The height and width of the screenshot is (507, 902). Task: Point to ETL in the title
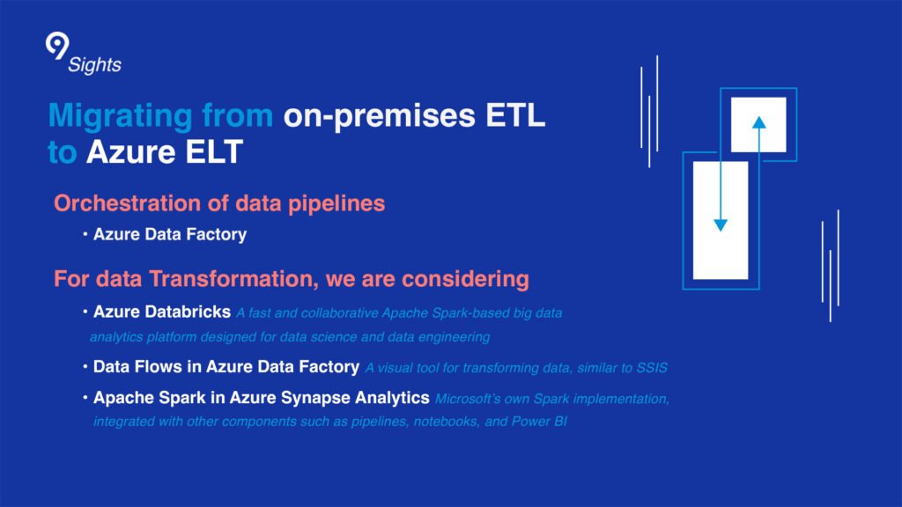(524, 116)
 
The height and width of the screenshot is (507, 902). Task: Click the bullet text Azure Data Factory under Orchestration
(170, 235)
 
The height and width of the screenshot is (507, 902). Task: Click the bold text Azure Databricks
(162, 312)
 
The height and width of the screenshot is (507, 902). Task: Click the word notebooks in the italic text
(430, 422)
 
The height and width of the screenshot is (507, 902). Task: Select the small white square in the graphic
(758, 124)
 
